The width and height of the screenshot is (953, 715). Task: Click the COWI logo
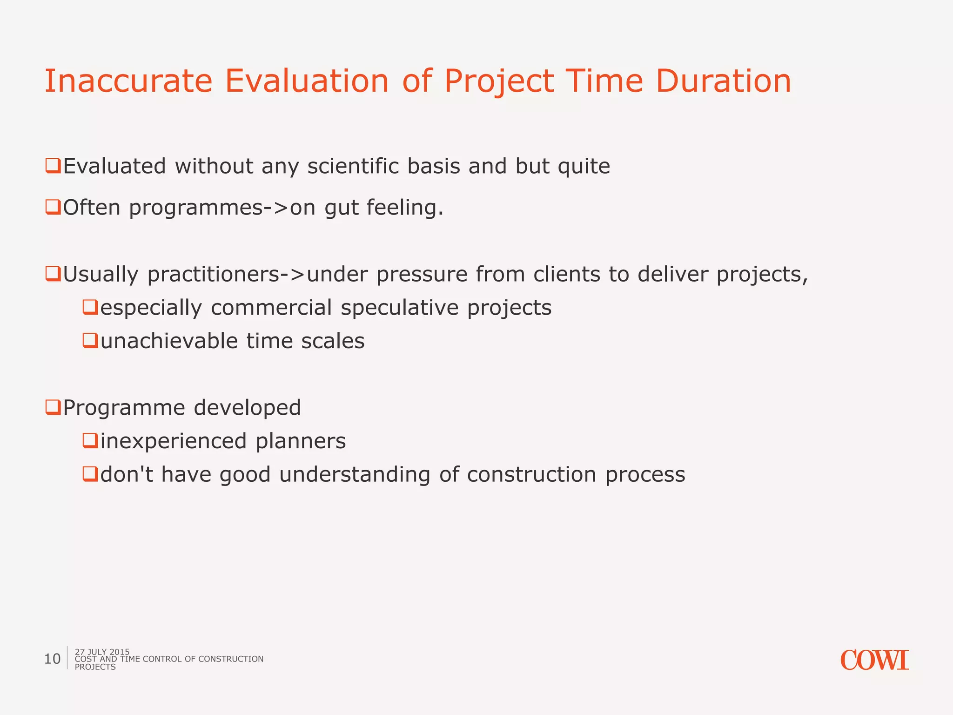[874, 661]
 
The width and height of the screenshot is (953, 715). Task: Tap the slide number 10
[52, 659]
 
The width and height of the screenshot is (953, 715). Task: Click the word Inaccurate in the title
[128, 81]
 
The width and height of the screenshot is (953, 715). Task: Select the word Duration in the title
[723, 81]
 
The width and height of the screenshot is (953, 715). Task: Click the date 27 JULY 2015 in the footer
[102, 651]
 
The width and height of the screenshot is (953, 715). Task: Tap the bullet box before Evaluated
[53, 166]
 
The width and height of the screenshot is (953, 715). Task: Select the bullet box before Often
[53, 207]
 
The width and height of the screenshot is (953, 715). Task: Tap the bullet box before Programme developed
[53, 407]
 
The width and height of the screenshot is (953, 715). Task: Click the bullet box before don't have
[90, 474]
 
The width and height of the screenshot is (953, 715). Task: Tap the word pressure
[422, 275]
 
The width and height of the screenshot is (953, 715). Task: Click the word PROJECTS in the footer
[95, 667]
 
